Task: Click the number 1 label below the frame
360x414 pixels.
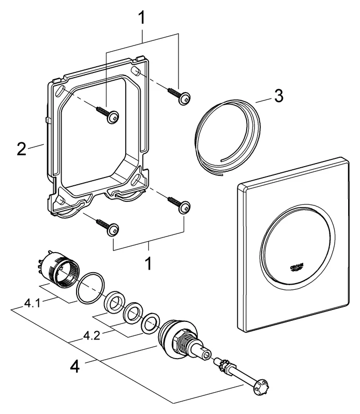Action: (x=148, y=264)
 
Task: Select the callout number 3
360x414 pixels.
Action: (x=278, y=96)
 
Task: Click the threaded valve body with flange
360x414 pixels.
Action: (x=178, y=339)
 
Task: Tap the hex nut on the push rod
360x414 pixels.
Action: (x=226, y=365)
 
